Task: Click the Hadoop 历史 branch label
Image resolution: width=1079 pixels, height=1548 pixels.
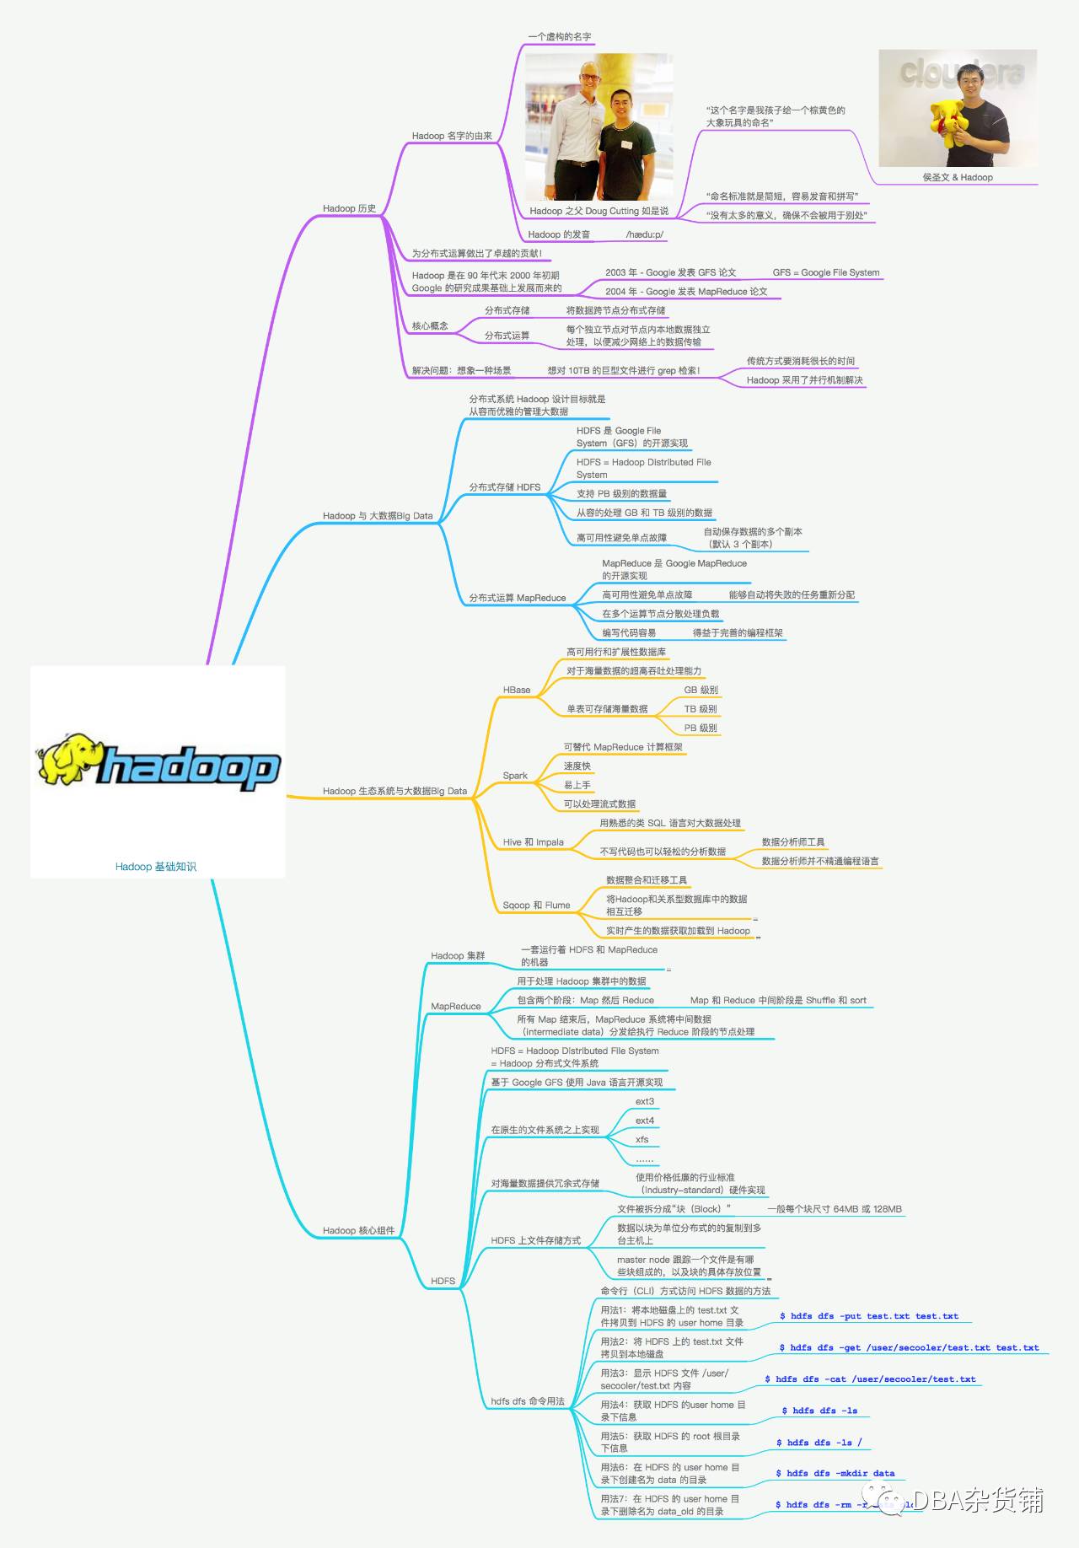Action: tap(349, 208)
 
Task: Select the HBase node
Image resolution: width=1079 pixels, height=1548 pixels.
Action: tap(516, 690)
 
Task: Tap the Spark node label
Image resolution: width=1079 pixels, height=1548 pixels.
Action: tap(515, 776)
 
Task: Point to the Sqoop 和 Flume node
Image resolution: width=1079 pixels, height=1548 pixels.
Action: tap(536, 906)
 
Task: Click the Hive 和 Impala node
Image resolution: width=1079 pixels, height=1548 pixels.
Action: tap(533, 842)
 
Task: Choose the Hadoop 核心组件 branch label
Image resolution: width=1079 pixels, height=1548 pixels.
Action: tap(358, 1230)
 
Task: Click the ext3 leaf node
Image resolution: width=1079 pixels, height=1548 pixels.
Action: tap(644, 1101)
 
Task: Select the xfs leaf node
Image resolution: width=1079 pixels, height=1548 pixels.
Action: tap(641, 1139)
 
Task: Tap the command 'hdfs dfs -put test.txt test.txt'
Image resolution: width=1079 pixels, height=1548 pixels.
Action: tap(869, 1316)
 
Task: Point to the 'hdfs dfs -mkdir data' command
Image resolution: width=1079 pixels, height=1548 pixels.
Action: tap(835, 1474)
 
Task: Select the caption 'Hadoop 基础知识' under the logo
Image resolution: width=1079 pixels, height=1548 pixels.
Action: tap(156, 867)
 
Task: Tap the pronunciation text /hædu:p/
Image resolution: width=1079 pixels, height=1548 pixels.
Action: tap(644, 234)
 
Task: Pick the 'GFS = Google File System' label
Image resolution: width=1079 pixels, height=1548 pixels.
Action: tap(825, 272)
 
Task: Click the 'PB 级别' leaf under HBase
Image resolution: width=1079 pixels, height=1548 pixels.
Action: tap(700, 728)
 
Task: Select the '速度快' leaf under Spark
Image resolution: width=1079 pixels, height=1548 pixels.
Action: tap(577, 766)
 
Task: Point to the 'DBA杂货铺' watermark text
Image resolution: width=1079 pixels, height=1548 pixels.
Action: tap(978, 1501)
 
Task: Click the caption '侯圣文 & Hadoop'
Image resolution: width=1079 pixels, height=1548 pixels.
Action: tap(957, 177)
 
